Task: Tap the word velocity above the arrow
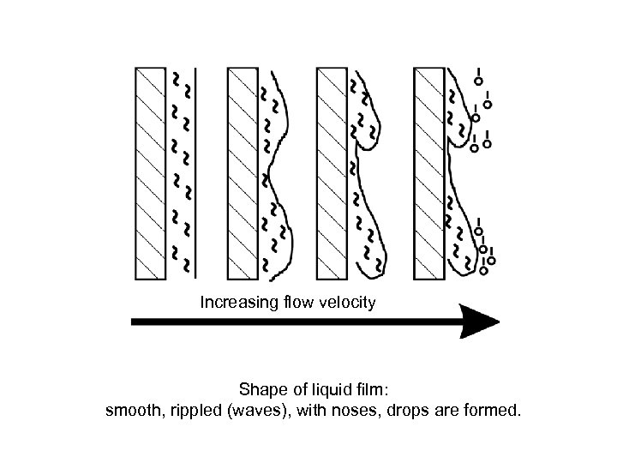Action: [346, 303]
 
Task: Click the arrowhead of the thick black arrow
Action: [479, 322]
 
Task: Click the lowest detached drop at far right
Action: [484, 270]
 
